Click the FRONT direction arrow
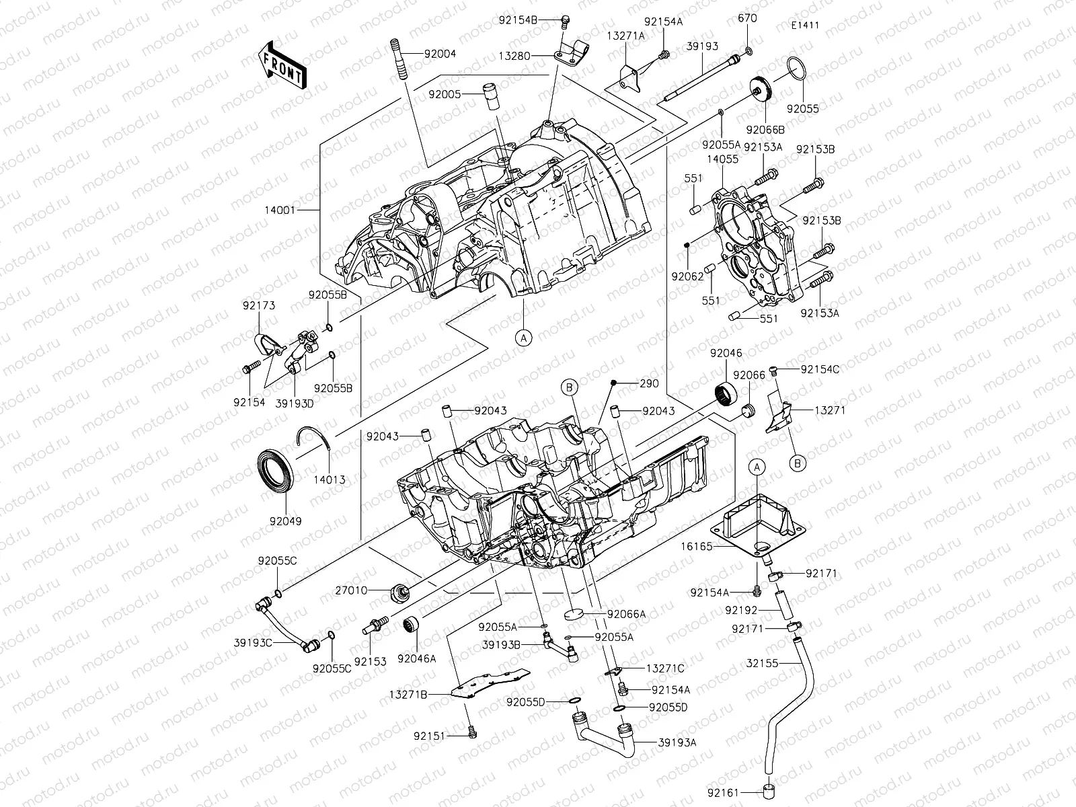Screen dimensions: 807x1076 (x=282, y=65)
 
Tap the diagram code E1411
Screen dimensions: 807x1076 (x=805, y=26)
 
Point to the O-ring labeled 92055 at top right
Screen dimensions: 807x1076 (x=796, y=69)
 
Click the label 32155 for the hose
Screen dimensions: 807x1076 (x=762, y=662)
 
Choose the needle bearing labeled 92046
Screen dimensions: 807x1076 (x=726, y=390)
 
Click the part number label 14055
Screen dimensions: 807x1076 (x=722, y=160)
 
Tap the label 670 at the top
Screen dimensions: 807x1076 (x=746, y=18)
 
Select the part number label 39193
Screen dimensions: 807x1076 (x=702, y=46)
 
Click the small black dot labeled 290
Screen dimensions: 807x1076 (x=613, y=383)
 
